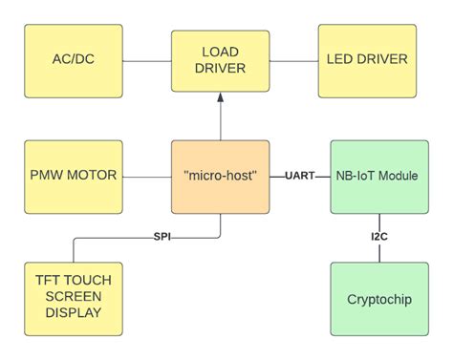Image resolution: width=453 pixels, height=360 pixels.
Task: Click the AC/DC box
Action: pos(74,60)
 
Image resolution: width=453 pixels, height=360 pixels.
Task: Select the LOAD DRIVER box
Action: pos(220,60)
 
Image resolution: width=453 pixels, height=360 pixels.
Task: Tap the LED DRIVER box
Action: pos(366,60)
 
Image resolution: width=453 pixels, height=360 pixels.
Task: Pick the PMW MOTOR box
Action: pos(74,177)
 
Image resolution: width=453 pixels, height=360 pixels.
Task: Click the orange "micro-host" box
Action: pos(220,177)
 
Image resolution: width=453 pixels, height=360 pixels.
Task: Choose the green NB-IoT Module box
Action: pos(378,177)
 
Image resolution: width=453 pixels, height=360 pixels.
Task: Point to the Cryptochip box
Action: pos(378,298)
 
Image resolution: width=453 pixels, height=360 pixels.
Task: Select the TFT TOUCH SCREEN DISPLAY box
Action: pos(74,298)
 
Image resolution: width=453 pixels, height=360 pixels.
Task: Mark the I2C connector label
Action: pos(379,237)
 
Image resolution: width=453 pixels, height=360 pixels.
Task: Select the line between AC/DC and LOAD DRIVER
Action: pos(146,61)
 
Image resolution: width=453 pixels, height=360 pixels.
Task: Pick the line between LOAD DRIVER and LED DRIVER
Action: pos(293,61)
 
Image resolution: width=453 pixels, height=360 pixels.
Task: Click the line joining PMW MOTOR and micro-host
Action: pos(146,177)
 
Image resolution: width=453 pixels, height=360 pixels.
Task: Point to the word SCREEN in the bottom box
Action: pos(74,298)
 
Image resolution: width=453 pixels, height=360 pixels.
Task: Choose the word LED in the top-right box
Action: pos(341,60)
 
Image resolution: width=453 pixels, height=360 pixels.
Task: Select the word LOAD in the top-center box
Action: pos(220,52)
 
